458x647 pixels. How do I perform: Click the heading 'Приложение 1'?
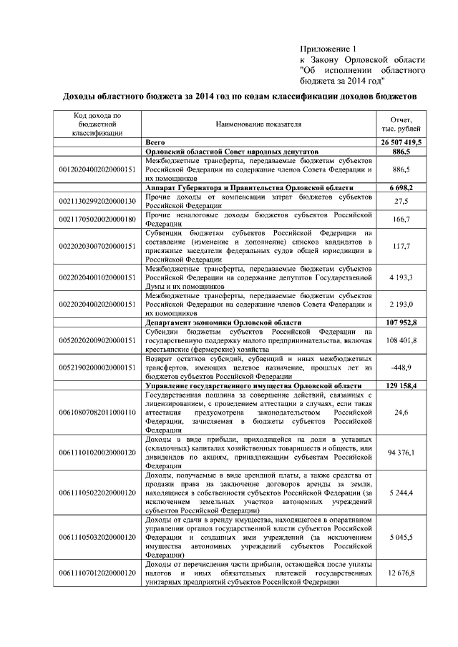coord(328,49)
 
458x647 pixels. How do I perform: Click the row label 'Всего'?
coord(155,143)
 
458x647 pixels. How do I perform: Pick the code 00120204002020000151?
coord(97,169)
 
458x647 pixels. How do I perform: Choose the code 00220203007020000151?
coord(97,246)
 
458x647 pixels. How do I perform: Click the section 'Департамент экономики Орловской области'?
coord(223,322)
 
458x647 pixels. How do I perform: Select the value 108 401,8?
coord(401,340)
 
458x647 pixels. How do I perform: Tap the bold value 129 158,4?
coord(401,385)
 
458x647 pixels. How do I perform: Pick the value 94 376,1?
coord(401,452)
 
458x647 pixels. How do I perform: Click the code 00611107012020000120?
coord(97,573)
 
